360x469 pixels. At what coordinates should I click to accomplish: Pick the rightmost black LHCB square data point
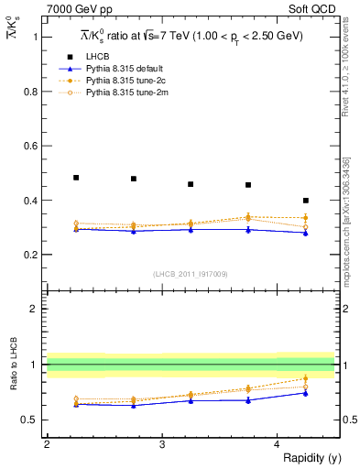coord(306,200)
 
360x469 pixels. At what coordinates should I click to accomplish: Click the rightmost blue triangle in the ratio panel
coord(306,393)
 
